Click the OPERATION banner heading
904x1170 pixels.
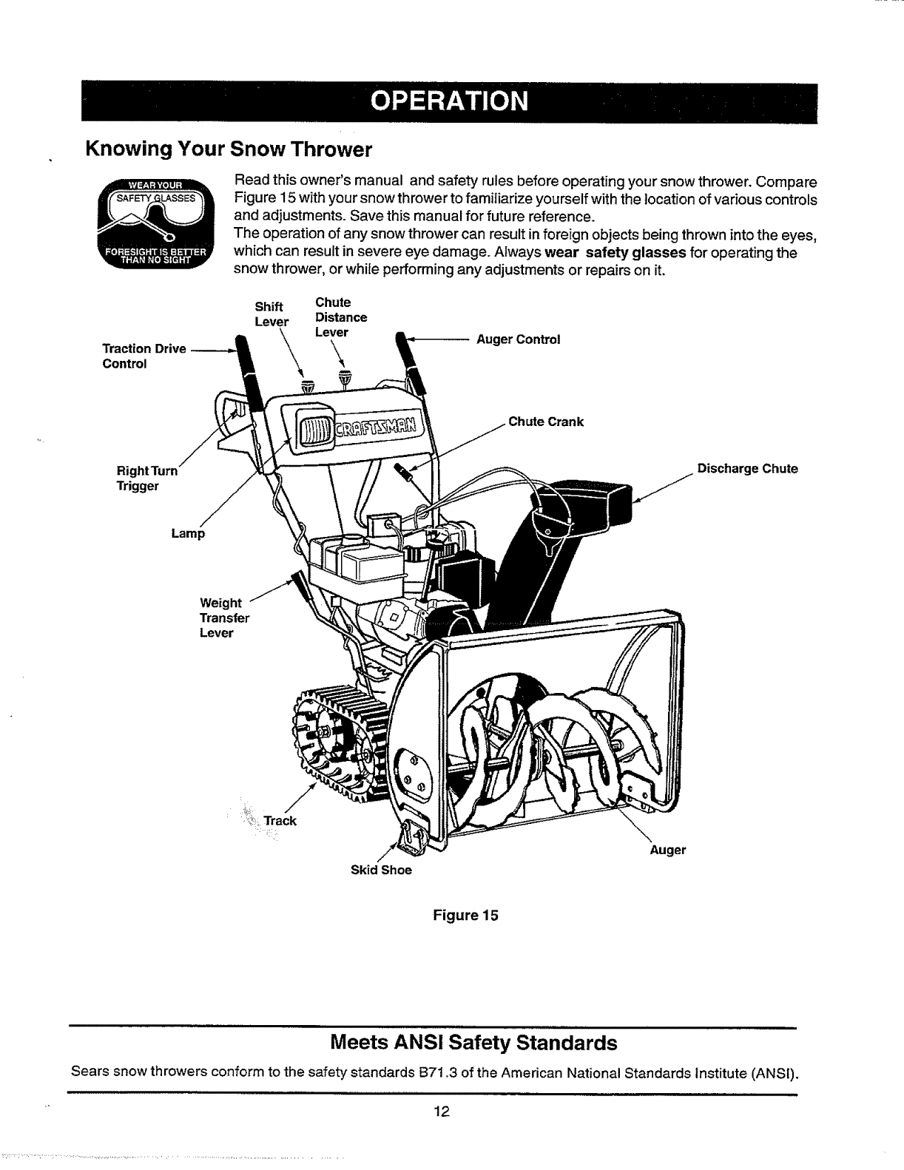(x=450, y=101)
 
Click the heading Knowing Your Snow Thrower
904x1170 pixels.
(x=228, y=149)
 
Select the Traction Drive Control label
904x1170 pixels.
(x=144, y=356)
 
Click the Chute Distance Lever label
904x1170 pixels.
(x=340, y=317)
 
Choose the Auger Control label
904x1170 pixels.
(x=518, y=339)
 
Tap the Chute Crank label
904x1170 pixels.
(x=546, y=422)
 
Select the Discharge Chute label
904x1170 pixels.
(x=748, y=468)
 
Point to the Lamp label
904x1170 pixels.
(x=187, y=533)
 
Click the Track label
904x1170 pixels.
(x=280, y=820)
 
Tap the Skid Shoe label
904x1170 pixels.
(x=380, y=870)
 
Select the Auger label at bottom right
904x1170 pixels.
(x=667, y=850)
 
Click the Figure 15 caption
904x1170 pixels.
(x=465, y=915)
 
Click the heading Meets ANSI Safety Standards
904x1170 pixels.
(x=473, y=1043)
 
